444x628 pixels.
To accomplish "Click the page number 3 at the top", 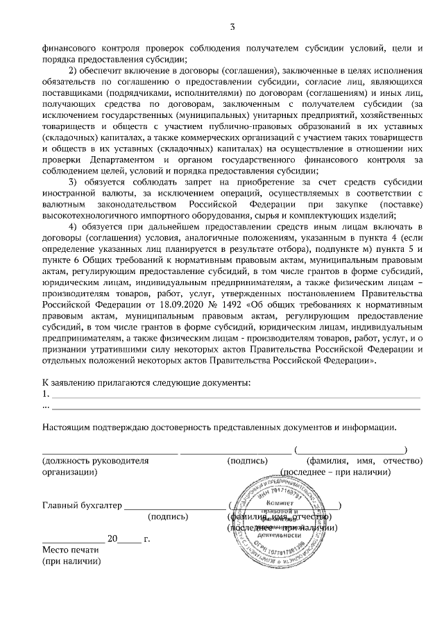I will tap(232, 27).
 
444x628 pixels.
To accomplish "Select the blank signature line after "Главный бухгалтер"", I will tap(174, 507).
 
